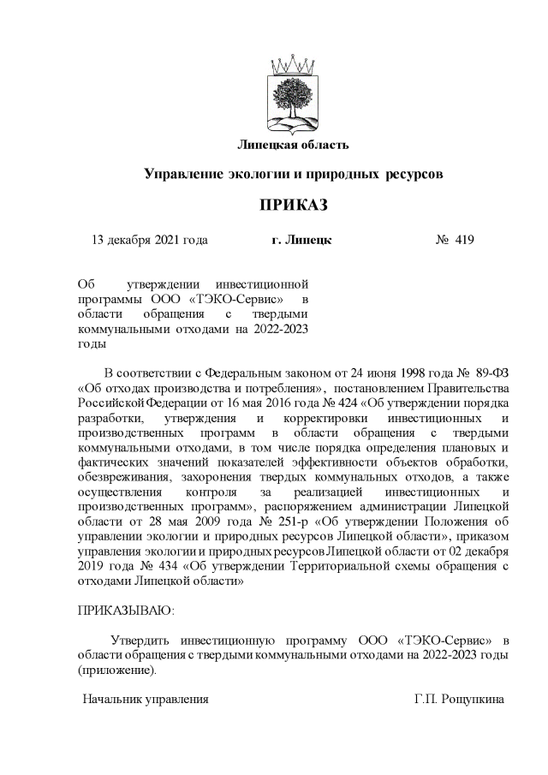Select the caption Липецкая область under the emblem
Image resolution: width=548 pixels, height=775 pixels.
coord(293,143)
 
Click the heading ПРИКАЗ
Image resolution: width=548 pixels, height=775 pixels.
coord(293,206)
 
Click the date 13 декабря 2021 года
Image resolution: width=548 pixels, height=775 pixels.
coord(149,240)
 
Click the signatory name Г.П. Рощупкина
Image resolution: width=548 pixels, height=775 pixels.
coord(459,700)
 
